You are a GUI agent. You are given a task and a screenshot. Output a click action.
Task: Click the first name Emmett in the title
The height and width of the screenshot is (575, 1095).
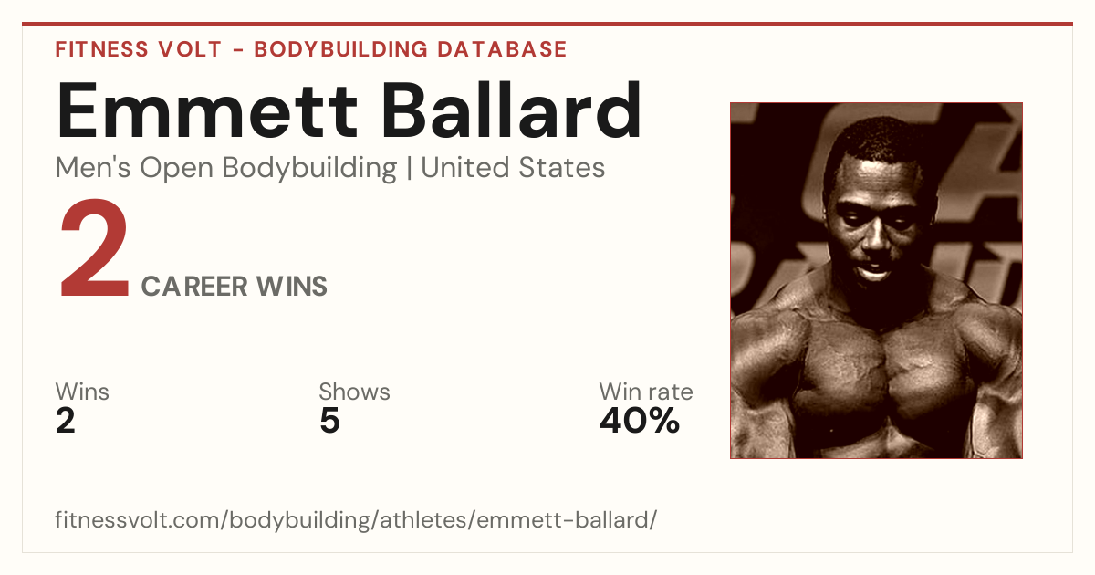(x=207, y=110)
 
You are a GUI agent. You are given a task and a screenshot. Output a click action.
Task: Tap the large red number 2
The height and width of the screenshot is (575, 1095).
(x=94, y=248)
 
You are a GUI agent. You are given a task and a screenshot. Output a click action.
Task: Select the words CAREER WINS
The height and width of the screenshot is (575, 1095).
(x=235, y=287)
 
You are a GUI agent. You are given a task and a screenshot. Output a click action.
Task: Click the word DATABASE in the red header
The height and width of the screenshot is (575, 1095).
(x=502, y=49)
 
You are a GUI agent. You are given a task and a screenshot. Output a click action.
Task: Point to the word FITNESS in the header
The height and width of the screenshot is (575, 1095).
(x=101, y=49)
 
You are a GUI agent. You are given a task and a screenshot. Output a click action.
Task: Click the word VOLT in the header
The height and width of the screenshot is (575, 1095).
(x=190, y=49)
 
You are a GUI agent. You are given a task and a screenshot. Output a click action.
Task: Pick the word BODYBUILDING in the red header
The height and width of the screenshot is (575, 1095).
(x=341, y=49)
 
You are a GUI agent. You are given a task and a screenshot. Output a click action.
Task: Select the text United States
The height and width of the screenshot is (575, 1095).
(x=513, y=168)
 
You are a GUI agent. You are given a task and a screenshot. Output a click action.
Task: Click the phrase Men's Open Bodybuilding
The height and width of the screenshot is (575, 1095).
(x=226, y=169)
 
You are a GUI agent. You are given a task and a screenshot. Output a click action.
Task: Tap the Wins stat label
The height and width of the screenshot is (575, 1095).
(x=82, y=392)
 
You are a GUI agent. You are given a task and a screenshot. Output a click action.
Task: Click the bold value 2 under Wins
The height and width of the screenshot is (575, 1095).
(x=66, y=421)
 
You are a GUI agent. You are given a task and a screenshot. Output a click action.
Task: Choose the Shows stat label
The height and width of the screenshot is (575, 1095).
(x=354, y=392)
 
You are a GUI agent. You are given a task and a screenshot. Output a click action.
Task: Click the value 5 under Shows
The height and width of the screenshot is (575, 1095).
(x=330, y=421)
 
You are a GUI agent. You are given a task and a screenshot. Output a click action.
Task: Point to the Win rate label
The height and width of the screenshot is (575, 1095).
(x=646, y=392)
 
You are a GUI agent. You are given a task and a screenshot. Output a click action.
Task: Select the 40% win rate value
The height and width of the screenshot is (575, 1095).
(x=640, y=421)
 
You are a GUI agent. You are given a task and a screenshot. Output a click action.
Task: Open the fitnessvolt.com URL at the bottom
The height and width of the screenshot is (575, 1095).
(x=356, y=519)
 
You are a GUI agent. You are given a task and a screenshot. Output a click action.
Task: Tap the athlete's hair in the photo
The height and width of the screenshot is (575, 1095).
(x=875, y=141)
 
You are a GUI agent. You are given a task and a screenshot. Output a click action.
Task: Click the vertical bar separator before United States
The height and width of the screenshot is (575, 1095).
(x=409, y=168)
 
